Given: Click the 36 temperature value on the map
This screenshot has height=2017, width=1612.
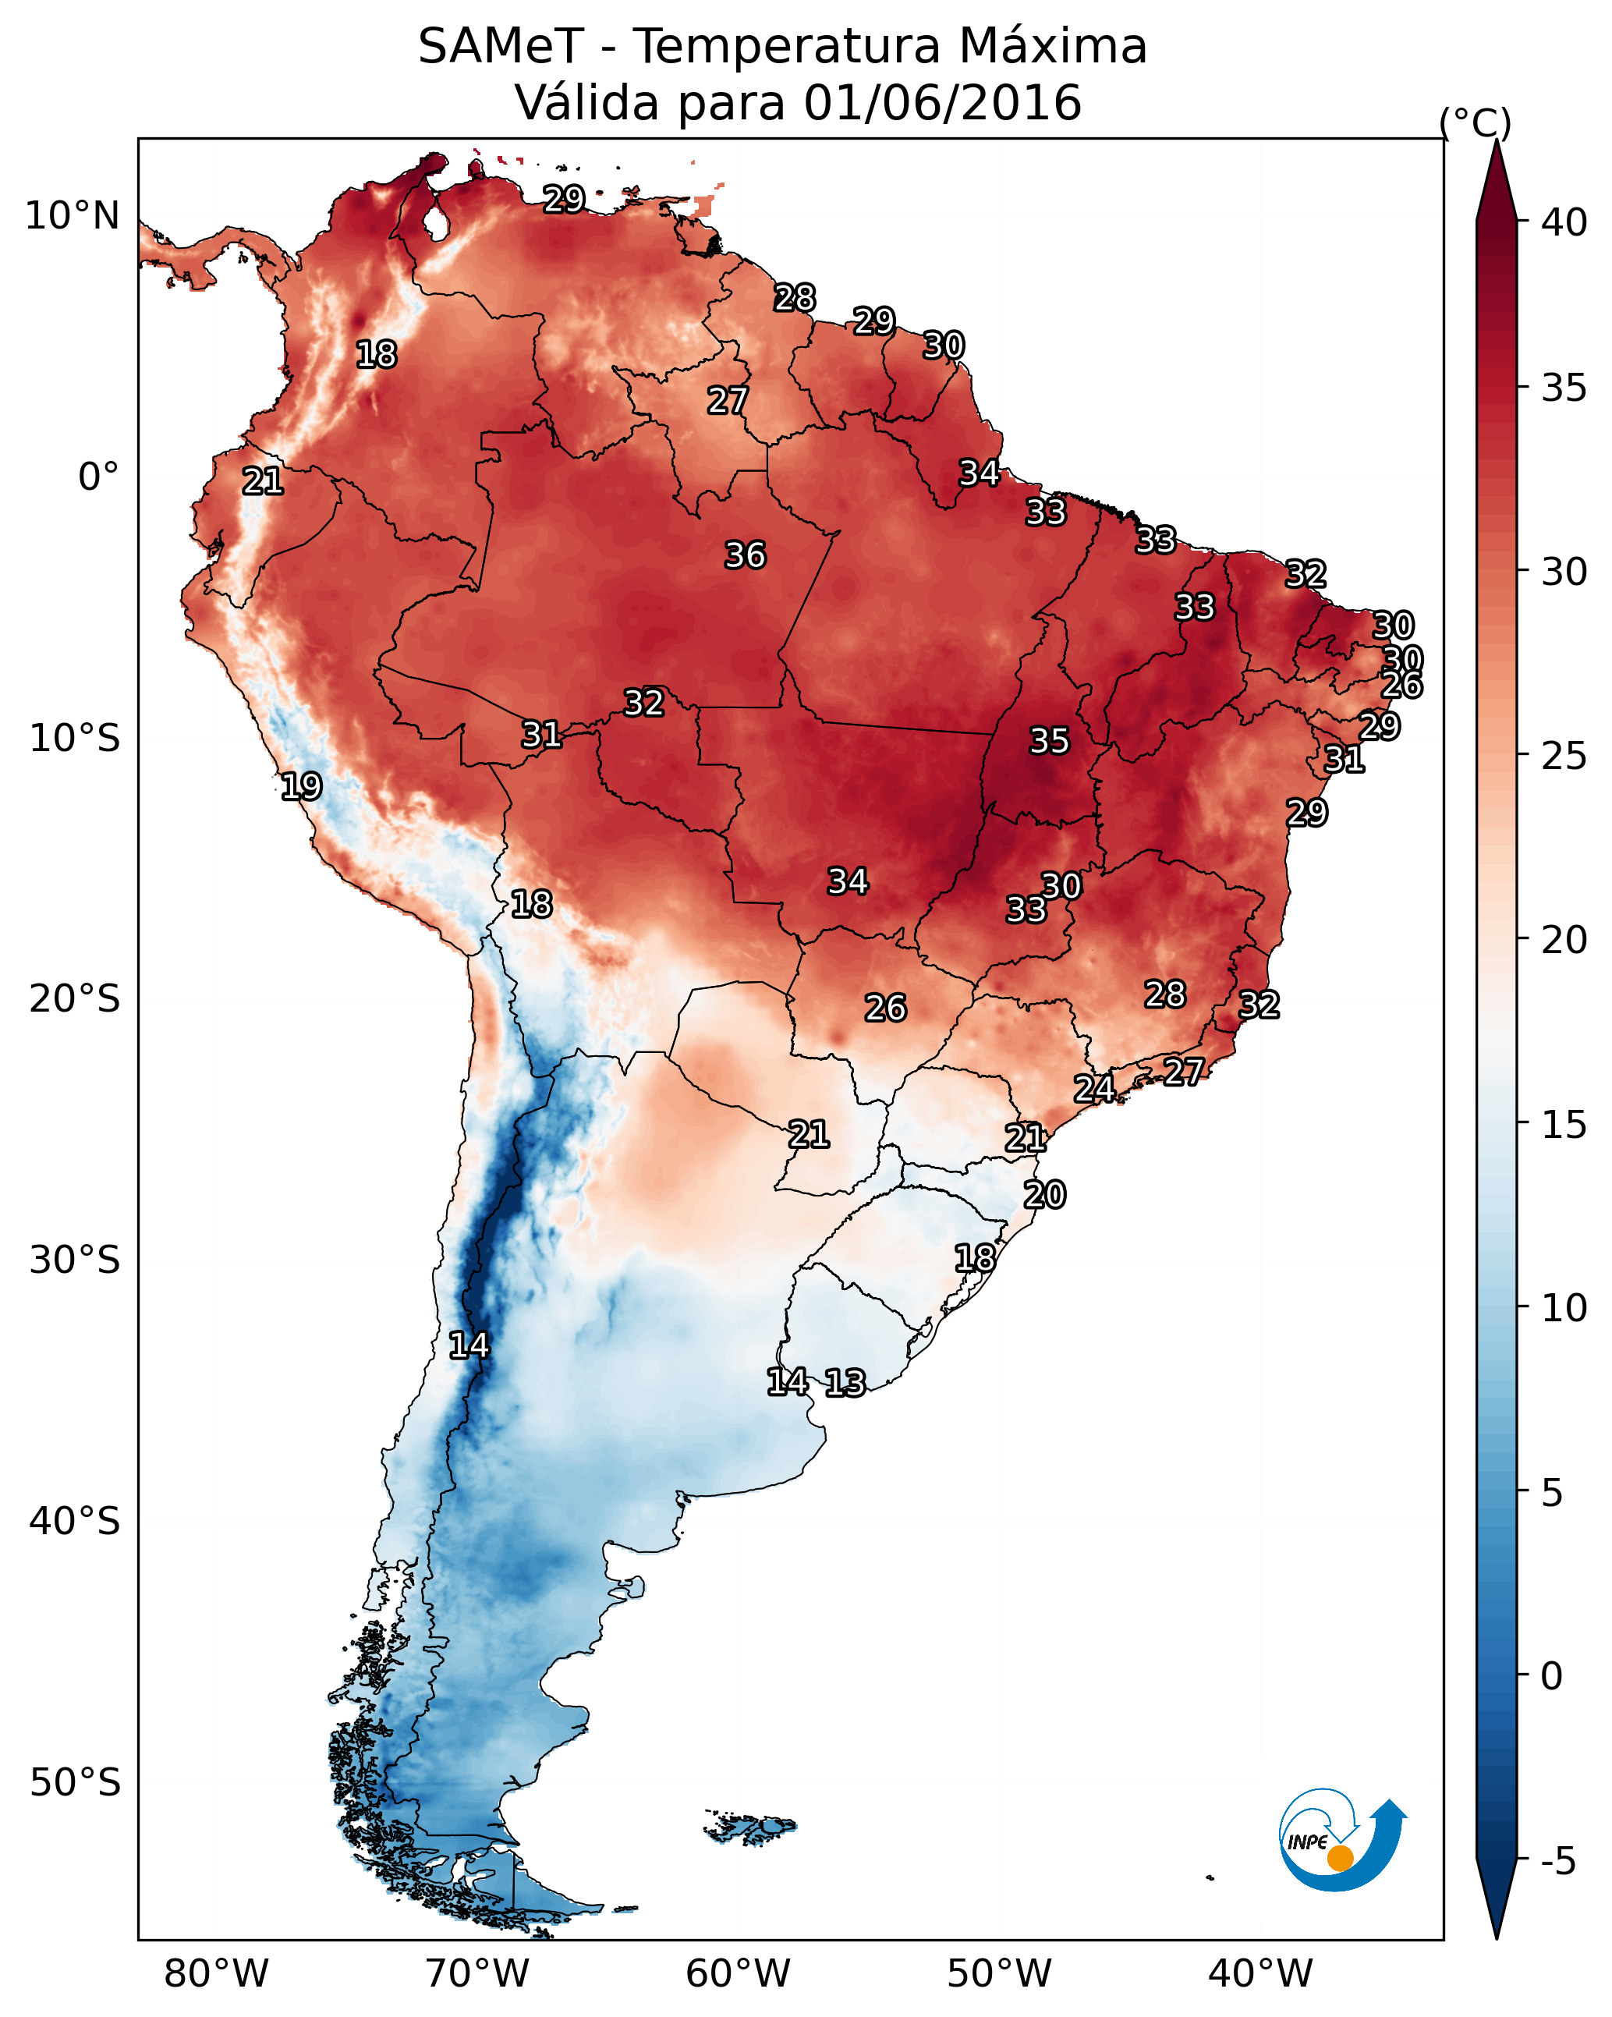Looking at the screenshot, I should (x=745, y=555).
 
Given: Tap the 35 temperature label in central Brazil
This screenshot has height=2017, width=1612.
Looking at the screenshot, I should (x=1049, y=741).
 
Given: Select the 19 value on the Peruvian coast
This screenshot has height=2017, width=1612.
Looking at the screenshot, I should (x=301, y=786).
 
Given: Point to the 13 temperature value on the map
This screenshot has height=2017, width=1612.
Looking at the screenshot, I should (x=845, y=1383).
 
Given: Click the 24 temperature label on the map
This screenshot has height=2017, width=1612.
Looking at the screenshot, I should (x=1093, y=1088).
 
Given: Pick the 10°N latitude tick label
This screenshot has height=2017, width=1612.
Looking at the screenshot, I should (x=72, y=216).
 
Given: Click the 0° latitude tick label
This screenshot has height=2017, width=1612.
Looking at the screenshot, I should (x=98, y=477).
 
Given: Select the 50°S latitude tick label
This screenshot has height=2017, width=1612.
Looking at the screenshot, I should (x=75, y=1782).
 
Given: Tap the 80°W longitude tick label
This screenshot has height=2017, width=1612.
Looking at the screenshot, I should (x=216, y=1973).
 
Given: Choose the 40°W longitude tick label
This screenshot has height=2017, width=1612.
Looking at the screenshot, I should (x=1260, y=1973).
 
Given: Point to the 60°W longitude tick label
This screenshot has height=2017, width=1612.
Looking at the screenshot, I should (x=739, y=1973).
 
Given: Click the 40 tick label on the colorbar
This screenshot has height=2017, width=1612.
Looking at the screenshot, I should (x=1564, y=222).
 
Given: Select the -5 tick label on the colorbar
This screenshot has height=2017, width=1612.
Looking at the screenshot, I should (x=1557, y=1861).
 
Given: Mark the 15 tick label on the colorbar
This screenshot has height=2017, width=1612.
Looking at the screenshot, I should (x=1564, y=1125).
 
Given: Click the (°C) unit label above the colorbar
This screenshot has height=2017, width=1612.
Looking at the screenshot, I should (x=1475, y=122).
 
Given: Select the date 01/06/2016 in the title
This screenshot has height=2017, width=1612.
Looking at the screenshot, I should (x=942, y=103).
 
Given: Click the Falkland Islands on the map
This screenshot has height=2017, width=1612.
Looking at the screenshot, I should (x=751, y=1825).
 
